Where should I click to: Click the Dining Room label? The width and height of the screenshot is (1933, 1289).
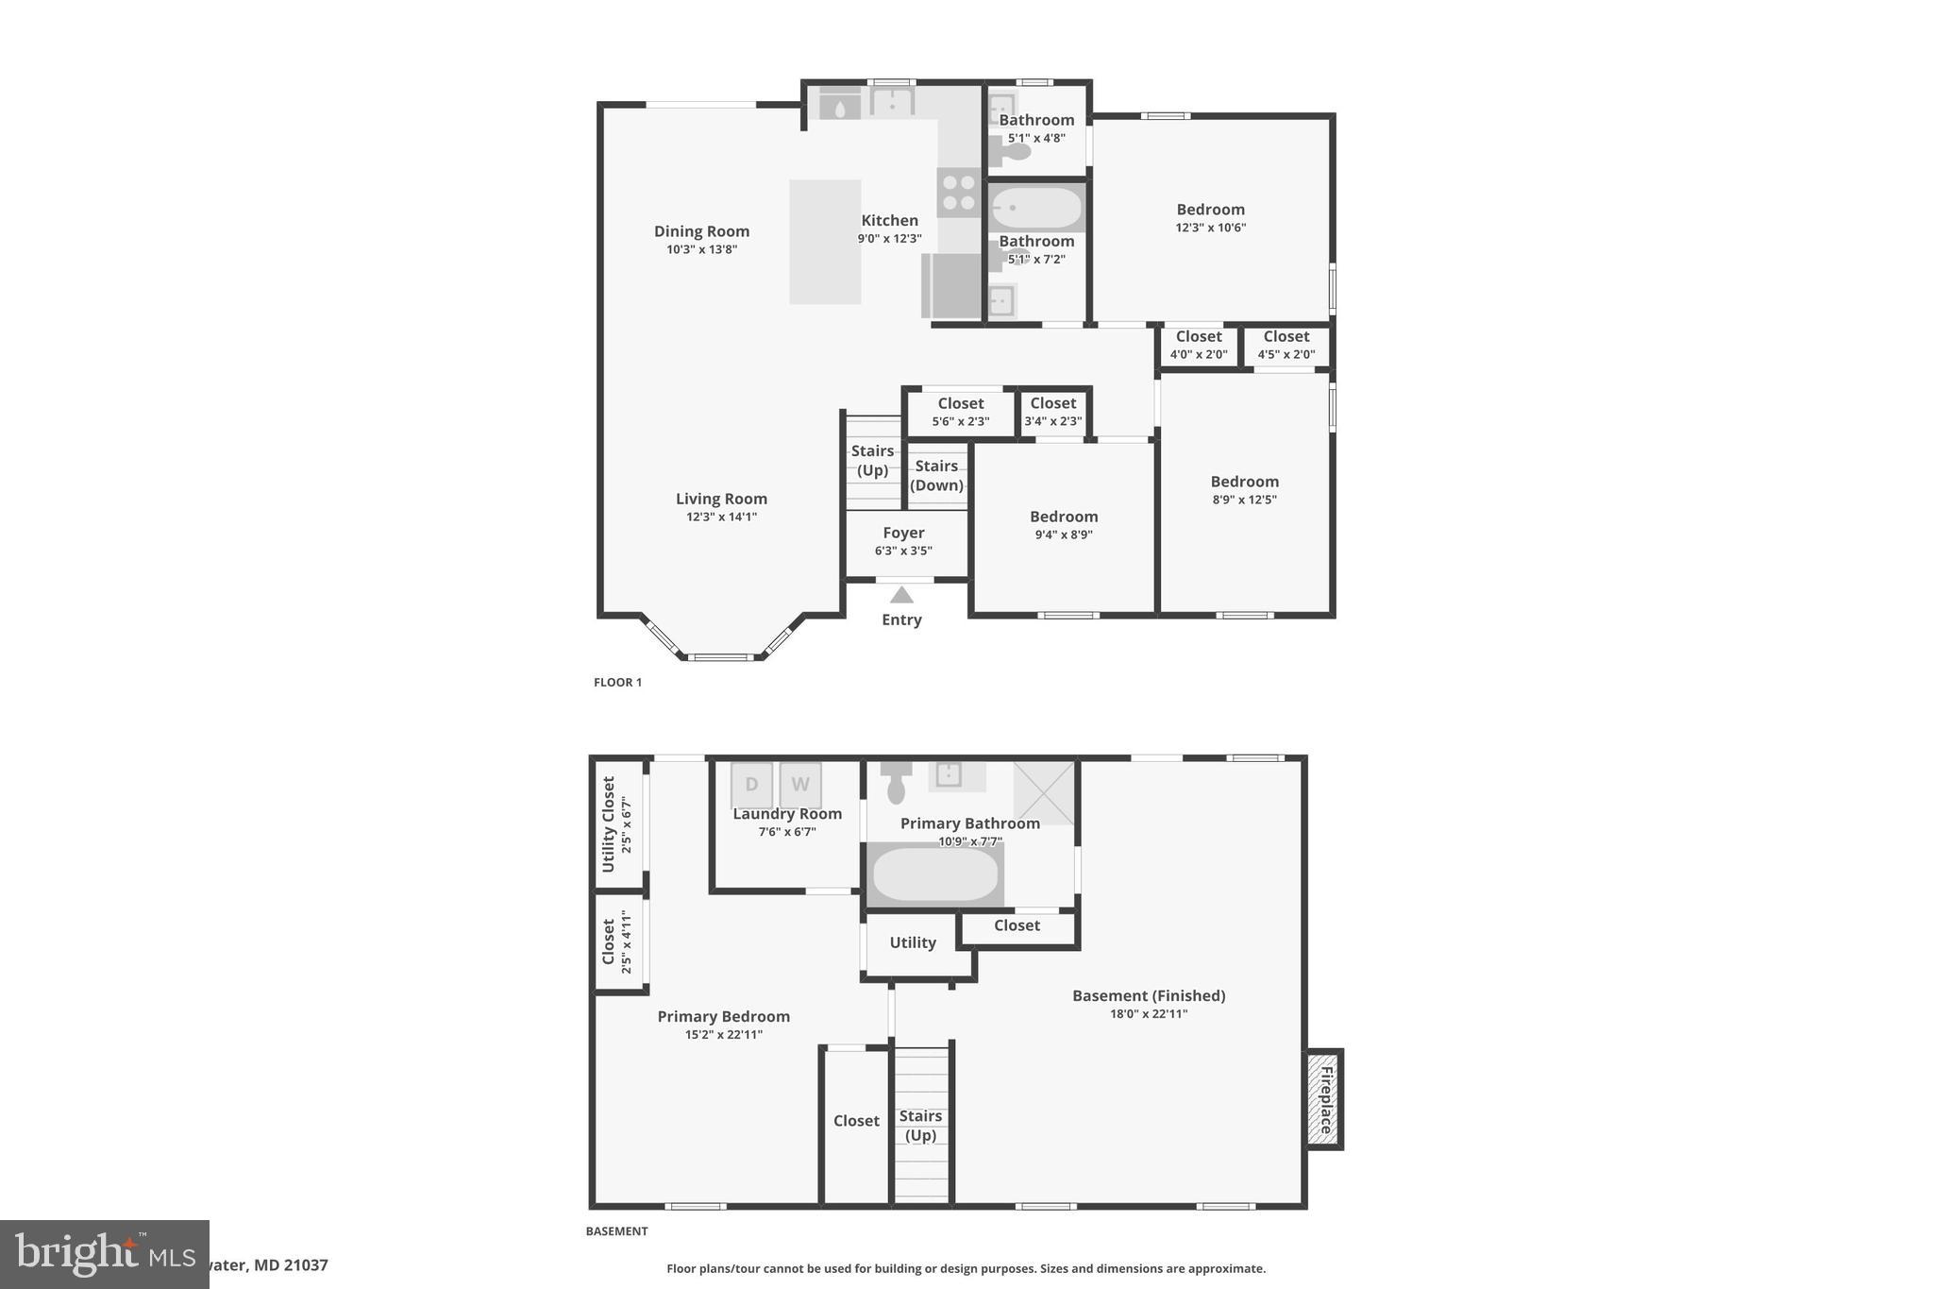(701, 231)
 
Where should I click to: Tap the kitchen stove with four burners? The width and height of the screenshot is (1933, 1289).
(959, 193)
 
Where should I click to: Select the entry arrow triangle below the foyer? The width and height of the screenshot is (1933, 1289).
(901, 595)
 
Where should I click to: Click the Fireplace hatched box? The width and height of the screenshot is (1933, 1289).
(1324, 1099)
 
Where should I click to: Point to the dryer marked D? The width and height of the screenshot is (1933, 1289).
(751, 785)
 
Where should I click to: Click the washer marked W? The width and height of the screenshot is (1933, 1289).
(800, 785)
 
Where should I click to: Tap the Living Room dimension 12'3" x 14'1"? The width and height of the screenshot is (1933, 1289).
(721, 517)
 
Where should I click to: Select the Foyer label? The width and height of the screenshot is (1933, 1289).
(903, 533)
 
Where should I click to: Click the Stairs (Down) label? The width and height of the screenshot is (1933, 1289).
(936, 475)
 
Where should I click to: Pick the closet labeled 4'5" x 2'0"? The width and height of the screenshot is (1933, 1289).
(1286, 346)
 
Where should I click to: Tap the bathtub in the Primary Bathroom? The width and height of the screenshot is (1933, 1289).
(934, 874)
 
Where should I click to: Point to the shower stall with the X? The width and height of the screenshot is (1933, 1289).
(1044, 792)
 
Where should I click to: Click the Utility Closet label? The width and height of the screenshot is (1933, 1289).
(609, 823)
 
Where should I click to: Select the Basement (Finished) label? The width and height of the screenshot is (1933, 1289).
(1148, 995)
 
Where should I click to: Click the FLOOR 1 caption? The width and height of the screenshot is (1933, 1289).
(617, 682)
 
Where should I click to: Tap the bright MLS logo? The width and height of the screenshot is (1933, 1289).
(104, 1254)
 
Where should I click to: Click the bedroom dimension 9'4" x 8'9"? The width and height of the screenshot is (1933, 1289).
(1063, 534)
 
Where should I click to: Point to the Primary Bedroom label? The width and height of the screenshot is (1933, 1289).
(723, 1016)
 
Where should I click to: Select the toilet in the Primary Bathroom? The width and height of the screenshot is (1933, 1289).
(897, 782)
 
